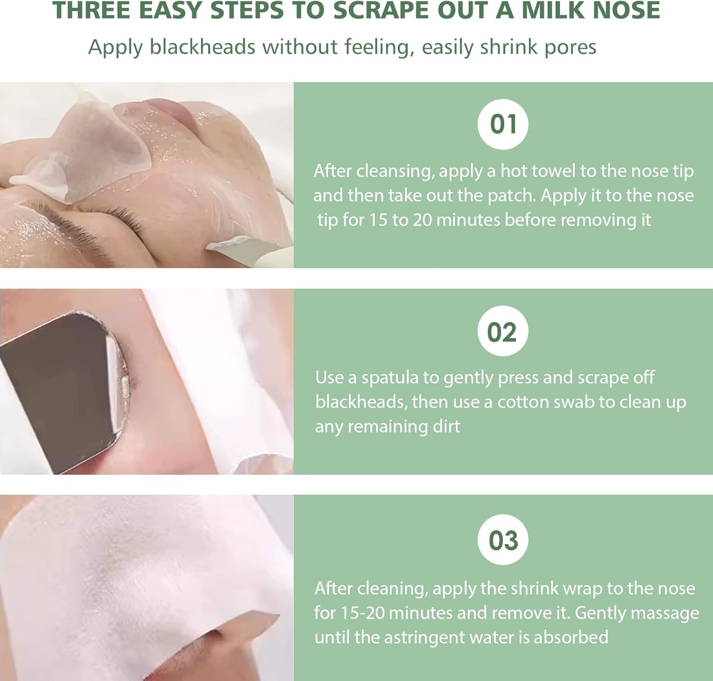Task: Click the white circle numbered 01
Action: [x=503, y=125]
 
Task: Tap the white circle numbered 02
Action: [x=503, y=331]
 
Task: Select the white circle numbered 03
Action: [x=503, y=540]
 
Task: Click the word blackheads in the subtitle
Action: [x=203, y=47]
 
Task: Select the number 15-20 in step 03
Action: [x=363, y=613]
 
